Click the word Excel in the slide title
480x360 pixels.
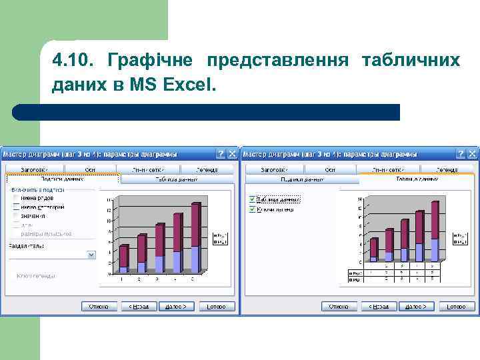(x=191, y=85)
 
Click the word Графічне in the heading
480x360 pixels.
(x=145, y=61)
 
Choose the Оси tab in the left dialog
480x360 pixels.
(x=90, y=170)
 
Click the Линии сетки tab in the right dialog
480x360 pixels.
(x=387, y=170)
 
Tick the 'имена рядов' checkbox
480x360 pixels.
(x=15, y=198)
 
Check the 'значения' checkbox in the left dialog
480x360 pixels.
(x=15, y=216)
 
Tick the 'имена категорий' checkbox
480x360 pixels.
(x=15, y=207)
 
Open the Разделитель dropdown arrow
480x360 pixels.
(x=91, y=255)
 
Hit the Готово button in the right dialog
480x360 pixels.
(x=457, y=307)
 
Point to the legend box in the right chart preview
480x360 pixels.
(x=461, y=239)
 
